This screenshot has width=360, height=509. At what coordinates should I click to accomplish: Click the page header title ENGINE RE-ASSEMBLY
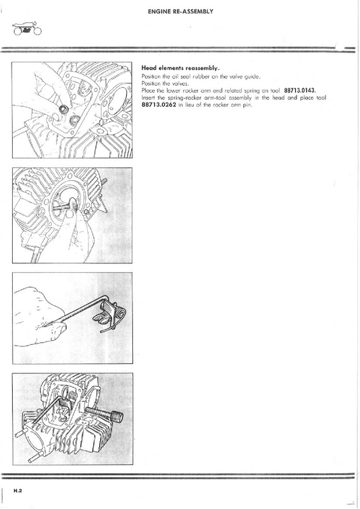[180, 11]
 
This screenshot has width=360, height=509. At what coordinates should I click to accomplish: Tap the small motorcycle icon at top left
[28, 29]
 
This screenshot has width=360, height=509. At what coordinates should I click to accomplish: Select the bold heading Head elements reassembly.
[180, 68]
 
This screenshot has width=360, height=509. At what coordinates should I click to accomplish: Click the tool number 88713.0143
[300, 90]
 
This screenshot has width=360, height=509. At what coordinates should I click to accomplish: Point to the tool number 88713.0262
[159, 105]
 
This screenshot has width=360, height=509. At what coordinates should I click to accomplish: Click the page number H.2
[18, 491]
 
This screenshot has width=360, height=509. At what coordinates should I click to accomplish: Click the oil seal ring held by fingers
[63, 109]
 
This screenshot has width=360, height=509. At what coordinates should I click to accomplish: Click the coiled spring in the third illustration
[121, 315]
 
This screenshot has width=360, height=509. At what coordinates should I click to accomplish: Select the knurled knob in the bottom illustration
[118, 416]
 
